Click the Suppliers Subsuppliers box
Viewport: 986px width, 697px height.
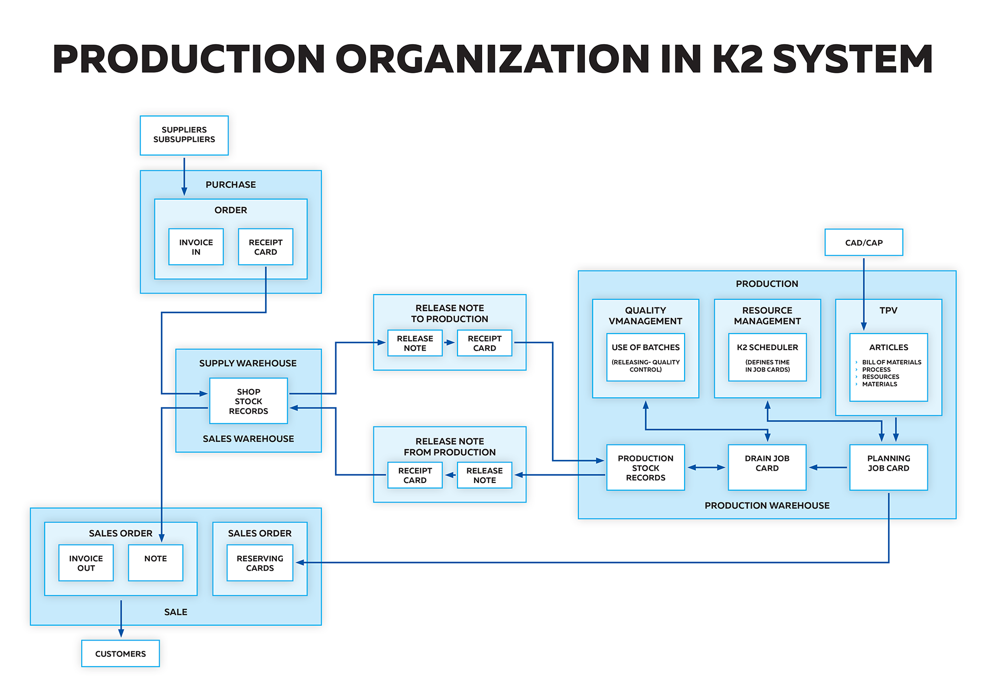(x=184, y=135)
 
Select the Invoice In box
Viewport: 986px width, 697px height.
(x=196, y=247)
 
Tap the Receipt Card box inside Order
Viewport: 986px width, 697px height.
(x=266, y=247)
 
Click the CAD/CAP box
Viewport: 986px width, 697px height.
(x=863, y=242)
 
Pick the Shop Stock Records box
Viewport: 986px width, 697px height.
(x=248, y=401)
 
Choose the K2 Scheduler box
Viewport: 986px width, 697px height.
(x=767, y=357)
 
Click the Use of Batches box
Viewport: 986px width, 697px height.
(x=646, y=357)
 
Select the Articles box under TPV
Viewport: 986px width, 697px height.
(x=888, y=367)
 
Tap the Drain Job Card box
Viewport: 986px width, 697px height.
(x=767, y=467)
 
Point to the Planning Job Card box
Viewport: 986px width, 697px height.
(x=888, y=467)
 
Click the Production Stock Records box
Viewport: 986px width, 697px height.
(x=646, y=467)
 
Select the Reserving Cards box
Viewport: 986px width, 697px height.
(x=260, y=563)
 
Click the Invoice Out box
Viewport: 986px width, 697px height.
(x=86, y=563)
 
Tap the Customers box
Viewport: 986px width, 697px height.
(x=120, y=653)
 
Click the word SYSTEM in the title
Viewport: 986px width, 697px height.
(x=852, y=59)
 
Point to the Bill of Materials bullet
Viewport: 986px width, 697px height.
(x=892, y=362)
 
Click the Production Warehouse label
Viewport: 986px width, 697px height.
(x=767, y=506)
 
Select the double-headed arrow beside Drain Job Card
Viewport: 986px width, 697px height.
(x=706, y=468)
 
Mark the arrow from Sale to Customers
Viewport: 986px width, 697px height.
(x=121, y=618)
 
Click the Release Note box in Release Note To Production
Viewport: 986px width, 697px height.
(x=415, y=343)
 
